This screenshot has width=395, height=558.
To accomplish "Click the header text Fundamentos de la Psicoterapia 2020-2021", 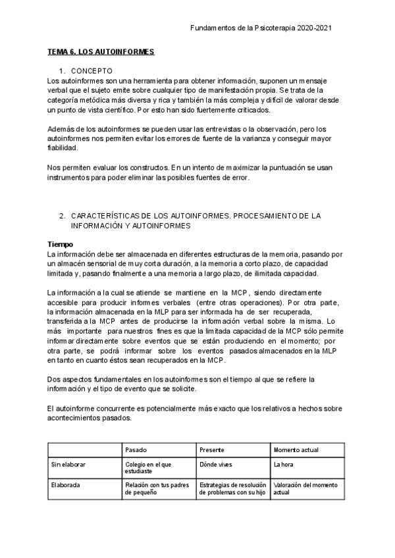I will coord(269,28).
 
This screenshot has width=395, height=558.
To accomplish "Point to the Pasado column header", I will coord(135,449).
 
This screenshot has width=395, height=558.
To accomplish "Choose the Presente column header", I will coord(211,449).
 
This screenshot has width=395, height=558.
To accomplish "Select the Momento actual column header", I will coord(296,449).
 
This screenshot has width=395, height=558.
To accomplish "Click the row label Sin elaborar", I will coord(68,464).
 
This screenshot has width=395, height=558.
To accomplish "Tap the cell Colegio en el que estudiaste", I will coord(148,467).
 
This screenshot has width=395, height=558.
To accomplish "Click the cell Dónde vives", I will coord(215,464).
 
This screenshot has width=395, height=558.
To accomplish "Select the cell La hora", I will coord(284,464).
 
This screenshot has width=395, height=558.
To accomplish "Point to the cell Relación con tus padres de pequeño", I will coord(155,488).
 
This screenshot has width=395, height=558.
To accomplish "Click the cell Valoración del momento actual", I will coord(305,488).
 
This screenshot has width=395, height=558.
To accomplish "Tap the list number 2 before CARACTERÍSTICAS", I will coord(61,215).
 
